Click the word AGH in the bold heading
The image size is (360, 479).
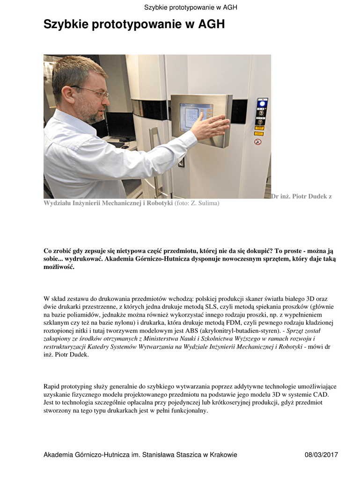tap(211, 24)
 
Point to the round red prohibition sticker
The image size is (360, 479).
tap(257, 142)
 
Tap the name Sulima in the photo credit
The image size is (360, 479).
tap(209, 203)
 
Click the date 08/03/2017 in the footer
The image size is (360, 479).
tap(321, 455)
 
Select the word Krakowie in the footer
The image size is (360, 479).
tap(223, 455)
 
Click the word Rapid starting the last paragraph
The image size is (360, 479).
tap(52, 386)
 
